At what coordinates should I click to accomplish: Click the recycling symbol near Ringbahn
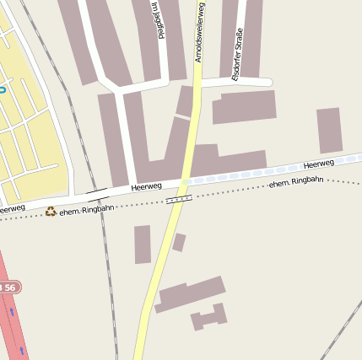[51, 211]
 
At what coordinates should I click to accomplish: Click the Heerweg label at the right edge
[319, 164]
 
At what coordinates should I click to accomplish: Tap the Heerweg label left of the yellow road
[146, 187]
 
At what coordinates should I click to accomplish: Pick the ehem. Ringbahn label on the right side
[296, 183]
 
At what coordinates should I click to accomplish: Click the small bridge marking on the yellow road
[179, 199]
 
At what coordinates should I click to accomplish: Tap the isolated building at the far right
[329, 130]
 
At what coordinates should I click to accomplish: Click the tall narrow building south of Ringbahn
[142, 244]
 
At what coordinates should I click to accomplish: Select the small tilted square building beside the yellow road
[179, 242]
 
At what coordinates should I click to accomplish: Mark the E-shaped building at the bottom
[209, 317]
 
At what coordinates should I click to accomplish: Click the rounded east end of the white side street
[267, 82]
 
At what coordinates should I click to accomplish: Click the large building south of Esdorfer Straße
[244, 107]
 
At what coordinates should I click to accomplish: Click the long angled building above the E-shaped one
[191, 294]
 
